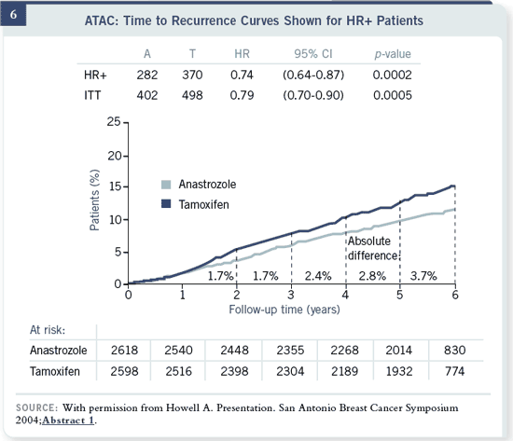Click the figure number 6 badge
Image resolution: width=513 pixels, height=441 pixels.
13,14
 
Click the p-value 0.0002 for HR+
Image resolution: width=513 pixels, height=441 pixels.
393,75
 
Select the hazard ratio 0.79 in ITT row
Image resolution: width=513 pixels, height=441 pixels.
242,95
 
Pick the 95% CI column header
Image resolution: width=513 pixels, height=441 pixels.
313,54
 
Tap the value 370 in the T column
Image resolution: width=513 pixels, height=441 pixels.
192,75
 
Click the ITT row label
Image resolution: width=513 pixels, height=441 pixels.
92,95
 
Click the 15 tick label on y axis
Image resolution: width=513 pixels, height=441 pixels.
115,186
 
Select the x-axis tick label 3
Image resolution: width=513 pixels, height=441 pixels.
291,296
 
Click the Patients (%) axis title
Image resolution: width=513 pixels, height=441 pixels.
94,200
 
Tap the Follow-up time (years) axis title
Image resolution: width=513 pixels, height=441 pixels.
284,310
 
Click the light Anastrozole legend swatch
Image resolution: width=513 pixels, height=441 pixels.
166,185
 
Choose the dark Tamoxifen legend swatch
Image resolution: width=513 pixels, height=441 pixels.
166,204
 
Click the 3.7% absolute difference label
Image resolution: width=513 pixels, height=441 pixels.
423,276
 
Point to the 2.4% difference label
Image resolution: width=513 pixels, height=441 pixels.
318,276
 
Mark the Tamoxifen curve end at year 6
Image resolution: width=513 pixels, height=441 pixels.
454,186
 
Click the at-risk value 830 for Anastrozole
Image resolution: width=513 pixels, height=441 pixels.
455,351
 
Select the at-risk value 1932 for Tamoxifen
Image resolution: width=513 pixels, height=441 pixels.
399,371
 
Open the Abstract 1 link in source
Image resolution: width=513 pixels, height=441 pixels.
68,420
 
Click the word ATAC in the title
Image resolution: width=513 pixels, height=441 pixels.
102,21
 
